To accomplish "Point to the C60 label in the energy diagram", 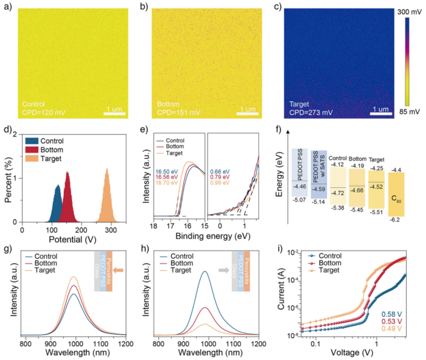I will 397,199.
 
